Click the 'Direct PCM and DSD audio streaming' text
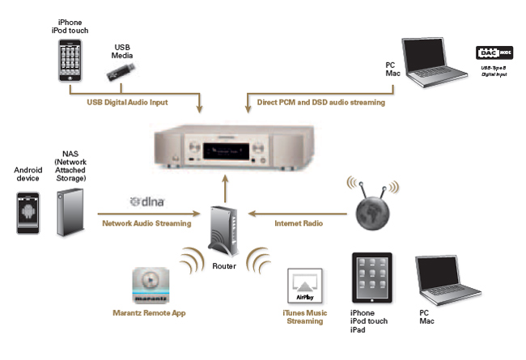[x=322, y=103]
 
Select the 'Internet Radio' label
[x=299, y=222]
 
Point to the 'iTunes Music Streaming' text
[x=305, y=316]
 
